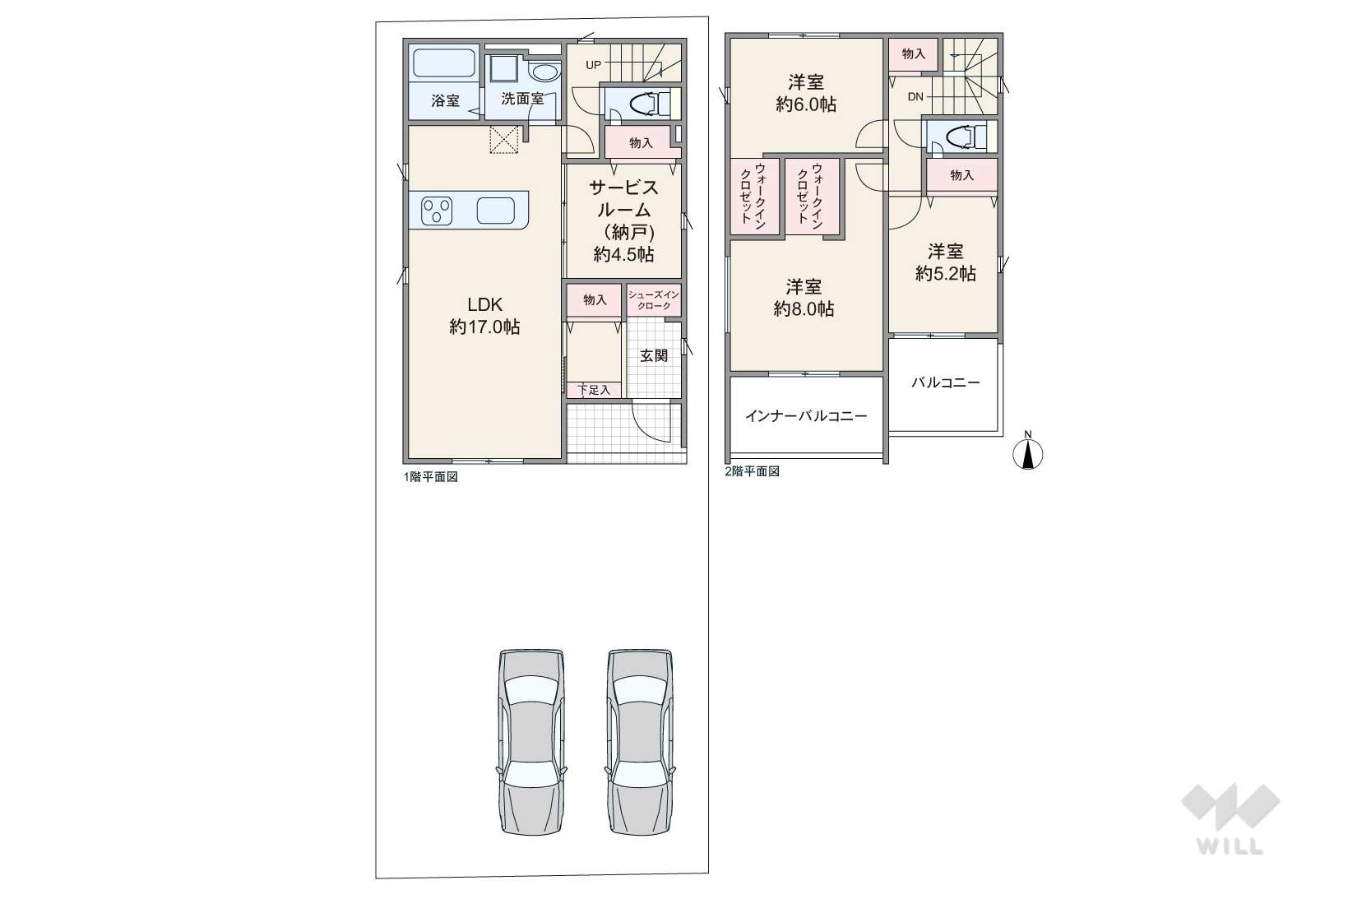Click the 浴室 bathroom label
tap(445, 100)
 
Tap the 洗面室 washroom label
tap(522, 100)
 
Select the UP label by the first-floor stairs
tap(593, 65)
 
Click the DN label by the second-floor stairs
tap(915, 96)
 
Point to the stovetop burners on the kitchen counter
tap(437, 211)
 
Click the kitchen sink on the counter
tap(496, 211)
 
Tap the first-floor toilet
tap(649, 104)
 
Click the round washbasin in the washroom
tap(546, 73)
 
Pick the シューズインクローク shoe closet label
tap(654, 300)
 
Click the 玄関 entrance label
tap(654, 355)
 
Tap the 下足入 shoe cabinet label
tap(594, 390)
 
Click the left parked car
tap(532, 741)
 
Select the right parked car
tap(640, 741)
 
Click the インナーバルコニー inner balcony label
tap(806, 416)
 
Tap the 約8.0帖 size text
tap(804, 309)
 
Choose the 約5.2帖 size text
tap(945, 274)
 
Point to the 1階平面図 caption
tap(430, 476)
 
